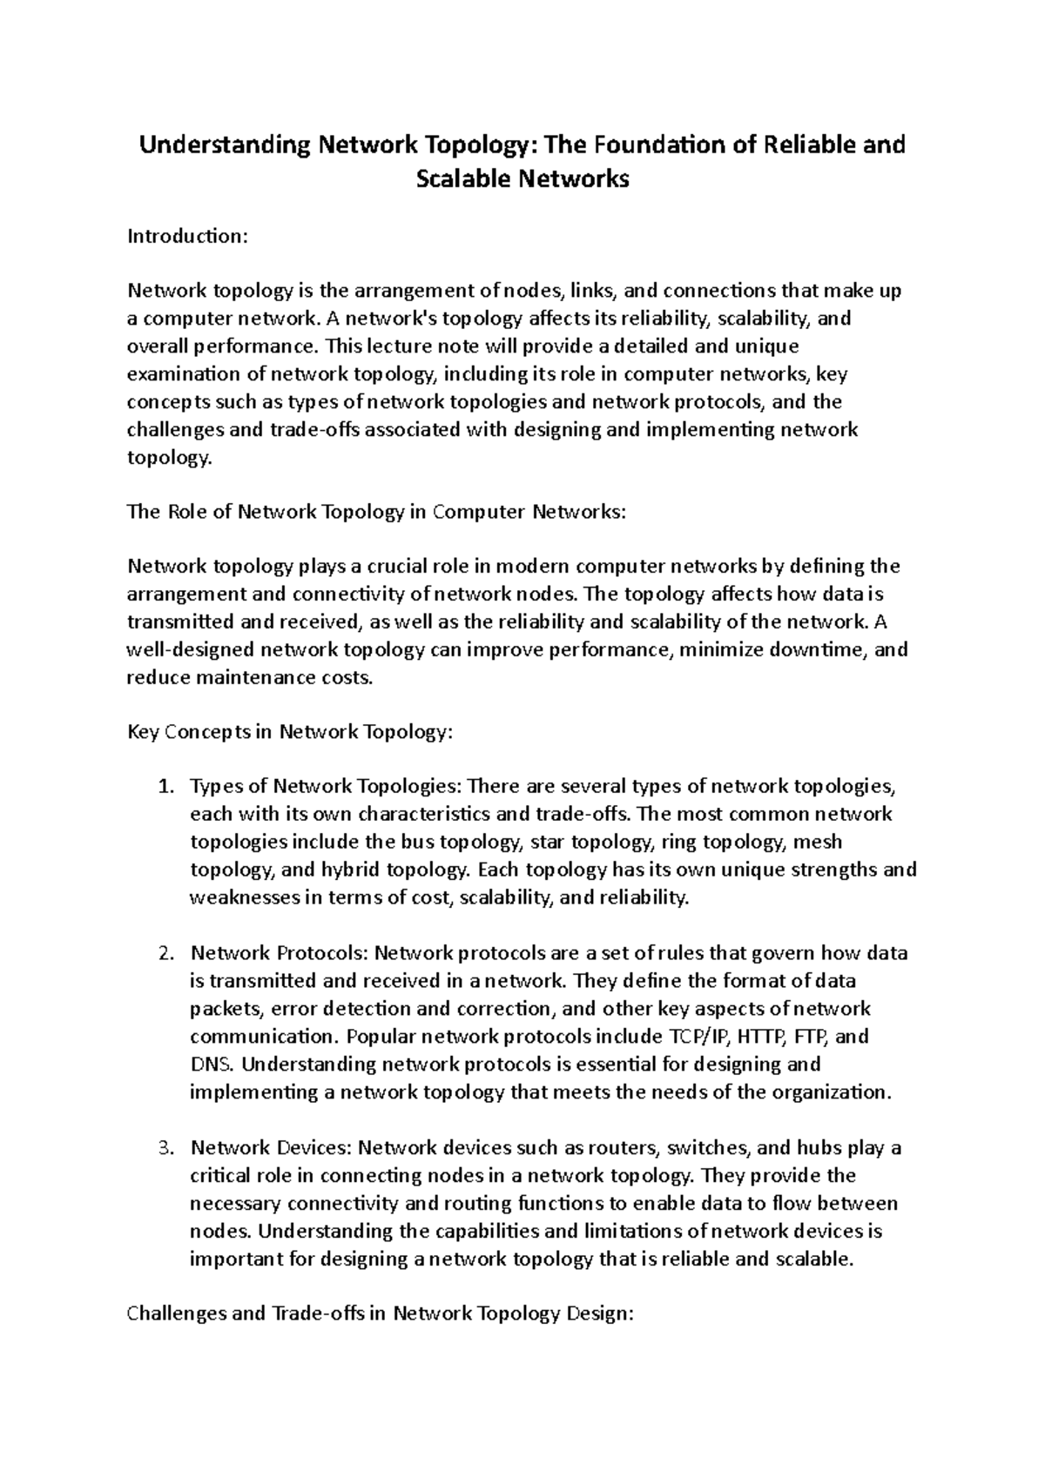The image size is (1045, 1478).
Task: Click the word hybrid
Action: point(350,870)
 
